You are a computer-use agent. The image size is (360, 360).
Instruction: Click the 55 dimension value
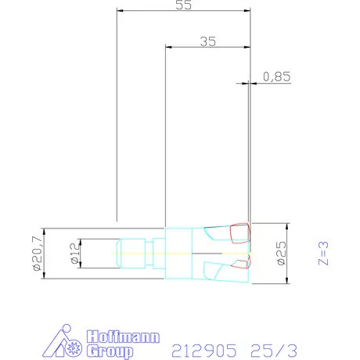pos(183,5)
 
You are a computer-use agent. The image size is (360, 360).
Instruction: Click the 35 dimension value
pos(208,41)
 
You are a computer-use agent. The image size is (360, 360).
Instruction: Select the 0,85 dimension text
pos(276,77)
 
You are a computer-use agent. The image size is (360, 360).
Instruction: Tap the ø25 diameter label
pos(281,253)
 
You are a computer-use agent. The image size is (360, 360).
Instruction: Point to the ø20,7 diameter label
pos(38,254)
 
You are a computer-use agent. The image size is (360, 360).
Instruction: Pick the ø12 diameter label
pos(74,254)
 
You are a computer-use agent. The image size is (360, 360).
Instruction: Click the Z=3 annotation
pos(323,253)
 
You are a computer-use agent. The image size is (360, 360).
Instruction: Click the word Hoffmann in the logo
pos(123,337)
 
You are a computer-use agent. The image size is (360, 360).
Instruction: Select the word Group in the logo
pos(110,351)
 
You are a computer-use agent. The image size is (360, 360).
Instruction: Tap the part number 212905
pos(204,351)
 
